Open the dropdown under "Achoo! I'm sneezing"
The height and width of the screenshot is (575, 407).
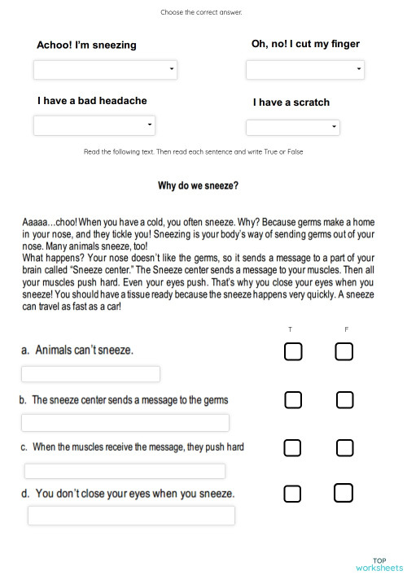[106, 69]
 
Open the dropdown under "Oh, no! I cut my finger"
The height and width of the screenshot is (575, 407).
[304, 70]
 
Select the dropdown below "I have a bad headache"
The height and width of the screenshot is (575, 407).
[94, 124]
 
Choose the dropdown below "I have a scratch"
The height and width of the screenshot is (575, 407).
[292, 127]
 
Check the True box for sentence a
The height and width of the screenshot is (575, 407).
[293, 351]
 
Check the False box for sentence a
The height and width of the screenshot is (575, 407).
[344, 351]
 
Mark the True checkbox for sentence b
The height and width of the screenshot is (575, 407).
[293, 400]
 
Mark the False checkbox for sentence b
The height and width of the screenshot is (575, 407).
[344, 400]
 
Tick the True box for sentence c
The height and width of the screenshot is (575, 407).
[293, 448]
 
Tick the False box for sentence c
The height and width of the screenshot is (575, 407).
[344, 448]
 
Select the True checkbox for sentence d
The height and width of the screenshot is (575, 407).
[293, 494]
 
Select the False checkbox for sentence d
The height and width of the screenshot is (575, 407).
[344, 493]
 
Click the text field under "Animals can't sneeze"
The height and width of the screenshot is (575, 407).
[90, 374]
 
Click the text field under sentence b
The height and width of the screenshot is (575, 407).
[125, 423]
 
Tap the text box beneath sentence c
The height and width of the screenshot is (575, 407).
[125, 471]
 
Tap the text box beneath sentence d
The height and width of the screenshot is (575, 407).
[131, 516]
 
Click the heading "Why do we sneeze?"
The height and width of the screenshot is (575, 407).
[198, 185]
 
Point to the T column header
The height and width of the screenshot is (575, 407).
[291, 329]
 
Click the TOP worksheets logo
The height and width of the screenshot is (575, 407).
[379, 564]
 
